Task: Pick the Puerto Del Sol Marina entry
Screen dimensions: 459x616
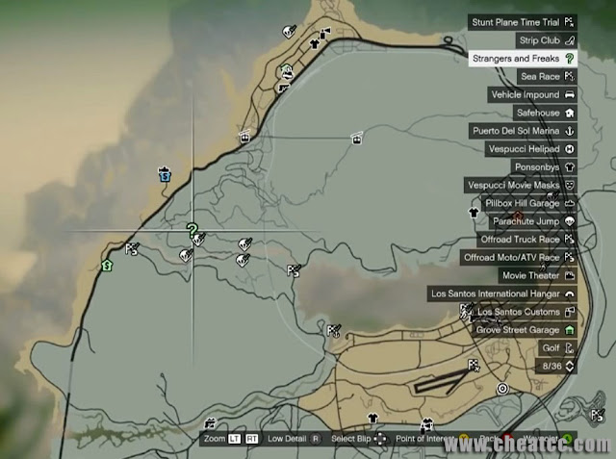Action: (521, 131)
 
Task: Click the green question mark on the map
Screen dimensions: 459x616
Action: (192, 230)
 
